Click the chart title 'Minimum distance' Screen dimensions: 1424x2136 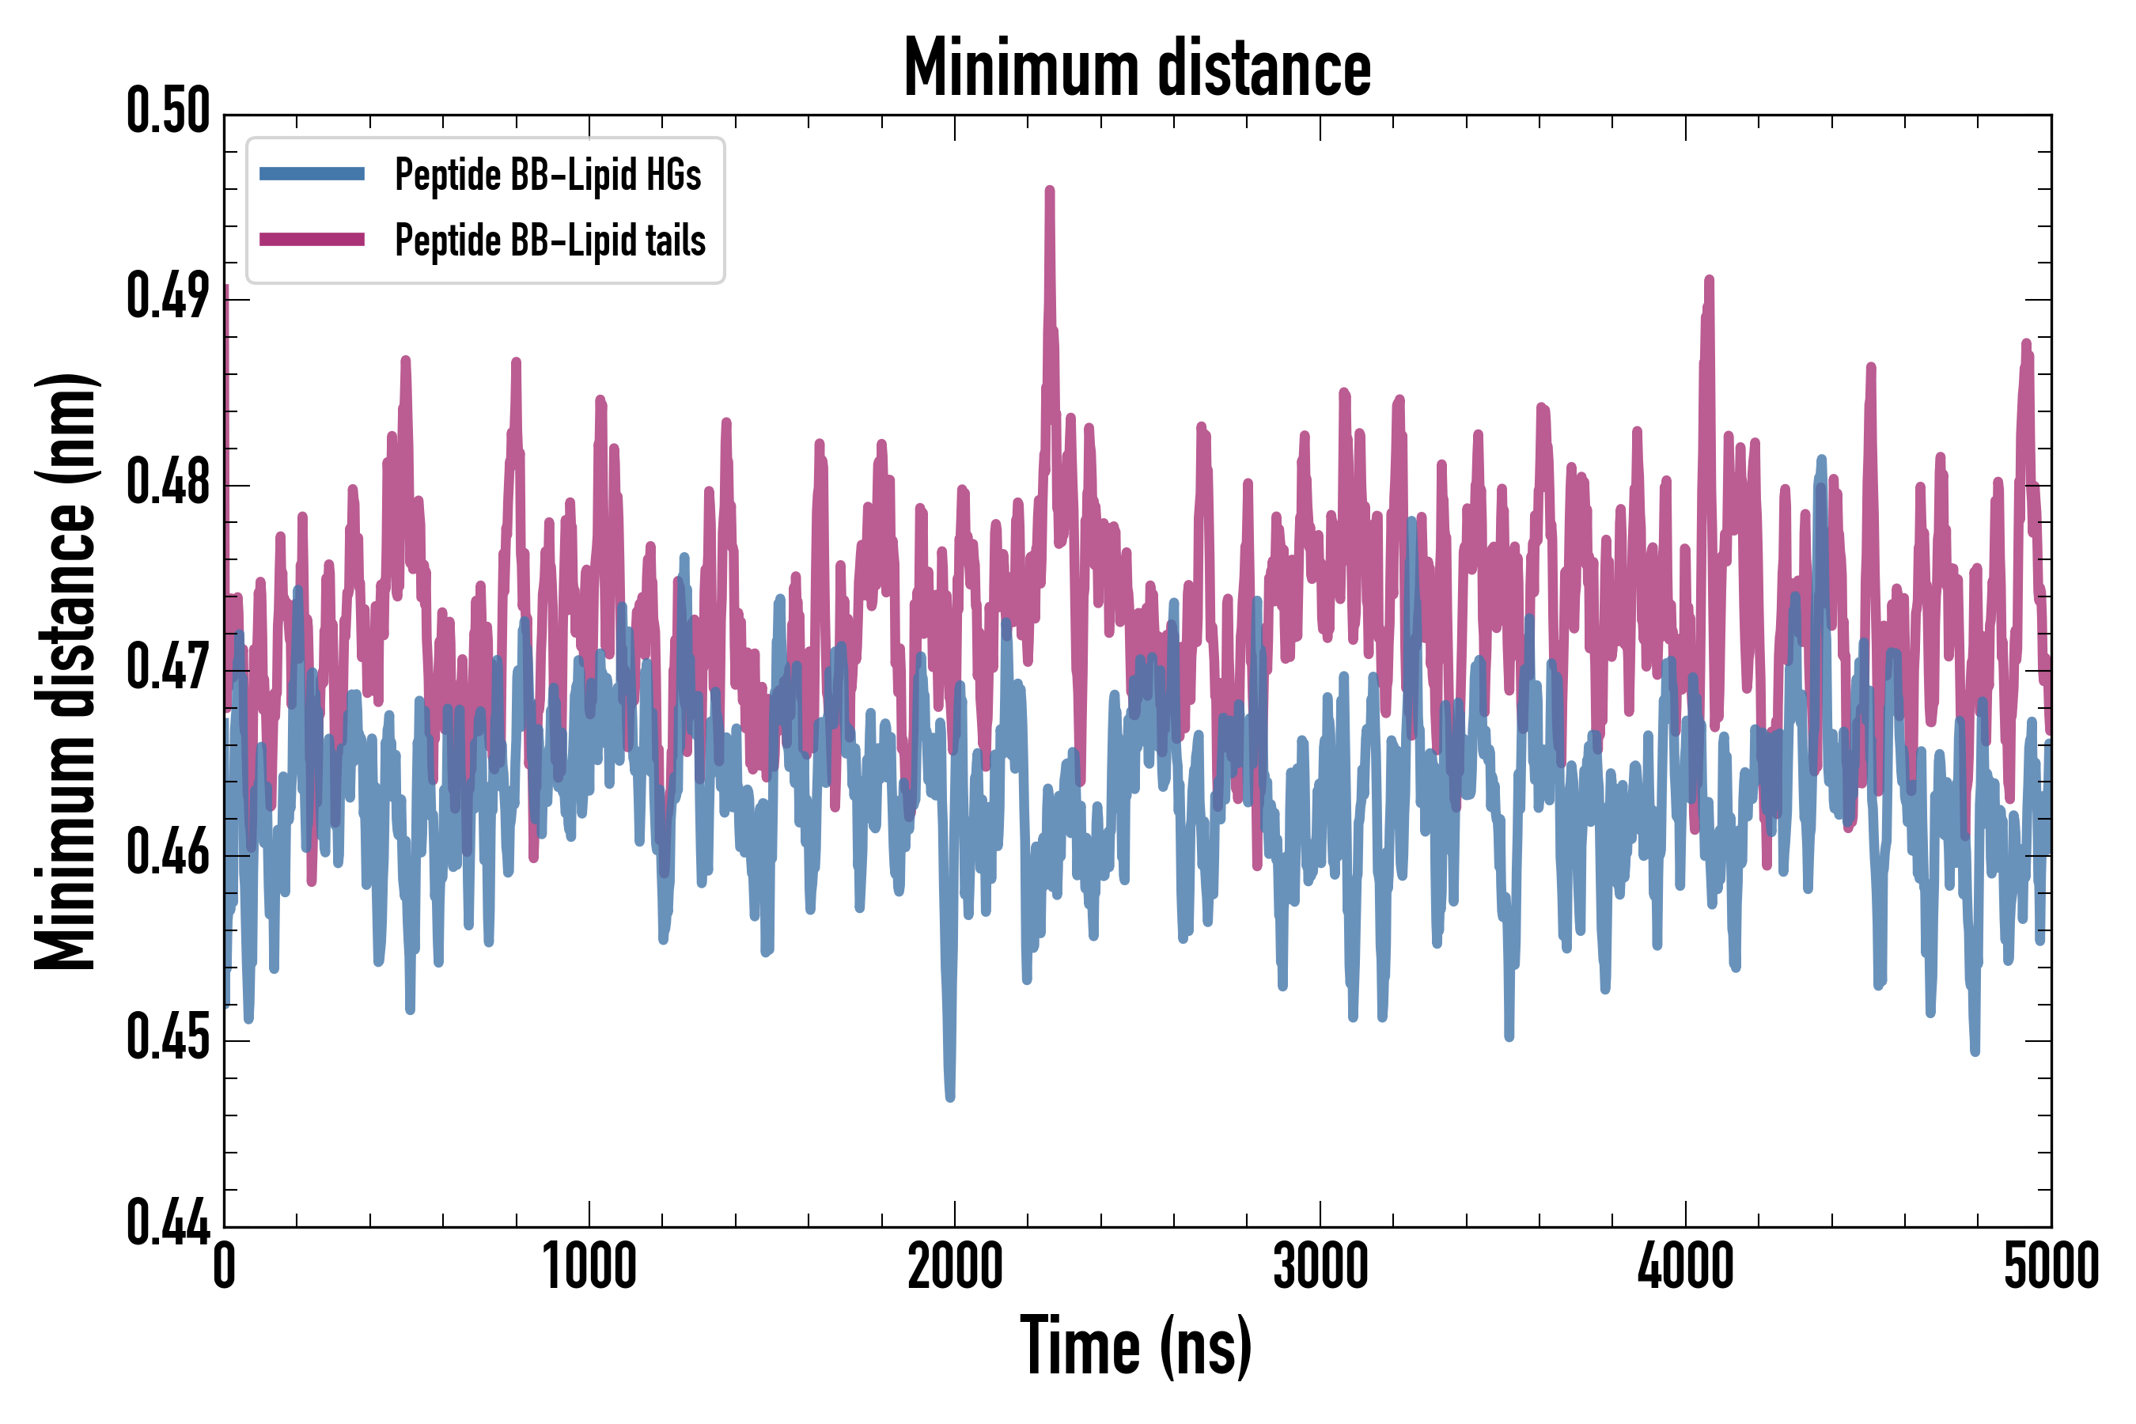pyautogui.click(x=1137, y=68)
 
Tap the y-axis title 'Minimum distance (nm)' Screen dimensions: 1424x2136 pyautogui.click(x=66, y=671)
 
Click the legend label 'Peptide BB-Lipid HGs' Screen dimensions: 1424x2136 pyautogui.click(x=547, y=174)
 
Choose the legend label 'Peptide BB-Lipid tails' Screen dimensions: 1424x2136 pyautogui.click(x=551, y=240)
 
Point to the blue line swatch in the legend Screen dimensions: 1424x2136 pyautogui.click(x=312, y=174)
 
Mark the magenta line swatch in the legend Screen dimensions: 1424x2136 pyautogui.click(x=312, y=240)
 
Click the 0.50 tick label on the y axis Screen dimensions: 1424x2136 pyautogui.click(x=168, y=112)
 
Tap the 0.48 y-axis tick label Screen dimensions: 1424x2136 pyautogui.click(x=168, y=483)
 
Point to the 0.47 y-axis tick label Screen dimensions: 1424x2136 pyautogui.click(x=168, y=668)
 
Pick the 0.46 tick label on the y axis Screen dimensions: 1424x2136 pyautogui.click(x=168, y=853)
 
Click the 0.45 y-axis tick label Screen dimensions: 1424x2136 pyautogui.click(x=168, y=1038)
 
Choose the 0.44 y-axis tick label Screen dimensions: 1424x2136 pyautogui.click(x=168, y=1223)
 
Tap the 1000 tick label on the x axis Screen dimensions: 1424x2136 pyautogui.click(x=589, y=1266)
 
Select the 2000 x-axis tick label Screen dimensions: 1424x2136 pyautogui.click(x=955, y=1266)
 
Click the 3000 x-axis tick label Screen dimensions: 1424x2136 pyautogui.click(x=1320, y=1266)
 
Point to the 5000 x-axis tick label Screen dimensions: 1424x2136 pyautogui.click(x=2051, y=1266)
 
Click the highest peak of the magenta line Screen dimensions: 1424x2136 pyautogui.click(x=1050, y=190)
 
